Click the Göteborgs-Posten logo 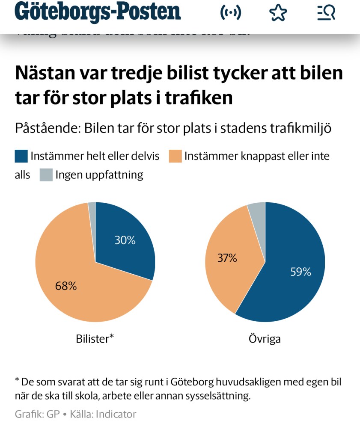(98, 13)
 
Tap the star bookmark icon (278, 13)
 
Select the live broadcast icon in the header (231, 13)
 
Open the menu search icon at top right (326, 13)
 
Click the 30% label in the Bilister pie (125, 240)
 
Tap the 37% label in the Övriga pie (227, 258)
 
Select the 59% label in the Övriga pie (300, 272)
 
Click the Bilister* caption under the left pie (95, 339)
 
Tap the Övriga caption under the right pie (265, 339)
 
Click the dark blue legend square (21, 156)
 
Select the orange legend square (175, 156)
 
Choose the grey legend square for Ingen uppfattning (46, 175)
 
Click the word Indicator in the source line (116, 414)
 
